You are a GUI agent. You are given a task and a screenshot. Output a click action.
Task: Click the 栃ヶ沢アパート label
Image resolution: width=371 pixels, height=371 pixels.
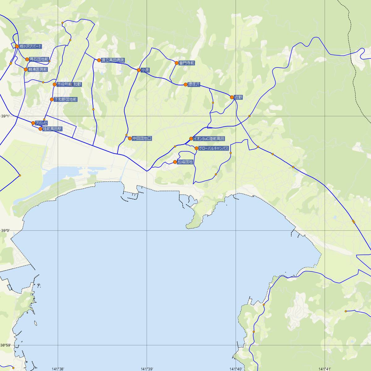[30, 46]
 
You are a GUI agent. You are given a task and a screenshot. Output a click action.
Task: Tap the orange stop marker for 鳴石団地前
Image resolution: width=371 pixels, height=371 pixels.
[27, 59]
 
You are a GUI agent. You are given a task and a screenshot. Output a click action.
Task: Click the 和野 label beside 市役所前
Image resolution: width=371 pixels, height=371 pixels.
[77, 84]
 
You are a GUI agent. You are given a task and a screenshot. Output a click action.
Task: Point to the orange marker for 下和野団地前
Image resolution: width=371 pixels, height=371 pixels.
[52, 100]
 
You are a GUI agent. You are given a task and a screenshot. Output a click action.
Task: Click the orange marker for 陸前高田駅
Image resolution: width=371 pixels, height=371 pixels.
[40, 129]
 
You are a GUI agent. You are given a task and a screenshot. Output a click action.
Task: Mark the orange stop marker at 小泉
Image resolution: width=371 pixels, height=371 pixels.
[139, 70]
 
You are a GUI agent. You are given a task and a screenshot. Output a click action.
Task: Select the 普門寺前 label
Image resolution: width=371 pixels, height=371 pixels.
[187, 63]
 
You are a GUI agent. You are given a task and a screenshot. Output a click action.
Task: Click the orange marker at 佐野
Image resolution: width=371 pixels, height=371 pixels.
[232, 97]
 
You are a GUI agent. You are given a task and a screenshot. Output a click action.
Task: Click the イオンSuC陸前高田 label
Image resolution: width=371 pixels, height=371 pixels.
[209, 139]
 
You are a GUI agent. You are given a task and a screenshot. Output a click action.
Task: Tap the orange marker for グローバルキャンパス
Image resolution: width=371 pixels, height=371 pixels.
[196, 148]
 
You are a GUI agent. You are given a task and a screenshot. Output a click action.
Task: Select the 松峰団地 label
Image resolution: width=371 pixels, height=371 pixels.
[185, 162]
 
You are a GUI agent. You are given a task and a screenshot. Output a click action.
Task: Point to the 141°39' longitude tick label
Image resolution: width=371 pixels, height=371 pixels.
[147, 369]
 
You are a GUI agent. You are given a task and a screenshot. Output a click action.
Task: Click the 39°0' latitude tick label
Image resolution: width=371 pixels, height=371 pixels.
[6, 231]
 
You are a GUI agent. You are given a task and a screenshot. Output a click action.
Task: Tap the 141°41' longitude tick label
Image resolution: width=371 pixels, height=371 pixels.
[325, 369]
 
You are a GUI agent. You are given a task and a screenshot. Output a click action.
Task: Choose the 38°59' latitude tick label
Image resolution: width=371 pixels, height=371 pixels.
[6, 345]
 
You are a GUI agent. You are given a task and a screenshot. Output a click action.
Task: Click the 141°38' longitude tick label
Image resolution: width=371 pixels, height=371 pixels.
[58, 369]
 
